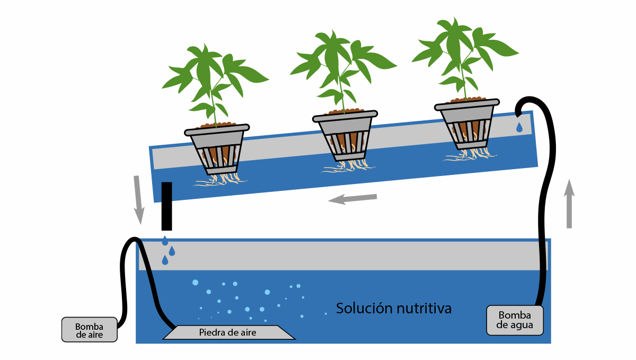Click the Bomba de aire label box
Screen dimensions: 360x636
89,330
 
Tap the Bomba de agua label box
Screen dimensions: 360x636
515,320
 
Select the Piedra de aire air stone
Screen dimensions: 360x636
228,332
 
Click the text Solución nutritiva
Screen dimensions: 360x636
394,308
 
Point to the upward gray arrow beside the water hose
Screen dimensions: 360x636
569,204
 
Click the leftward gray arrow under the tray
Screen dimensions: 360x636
352,199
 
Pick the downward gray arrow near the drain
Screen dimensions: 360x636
138,199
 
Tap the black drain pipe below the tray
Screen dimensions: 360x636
166,206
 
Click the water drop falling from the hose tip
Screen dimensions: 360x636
519,128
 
